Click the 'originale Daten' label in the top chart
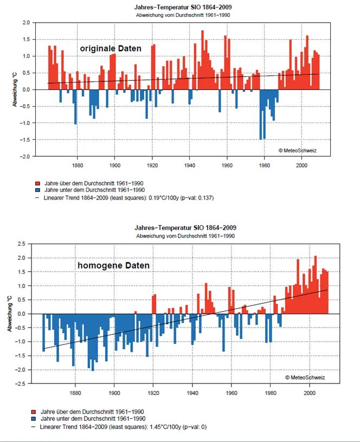(111, 49)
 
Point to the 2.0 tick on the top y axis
(25, 23)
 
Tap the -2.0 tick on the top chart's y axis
(24, 157)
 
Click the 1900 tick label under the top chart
(114, 165)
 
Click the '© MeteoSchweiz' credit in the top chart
(297, 150)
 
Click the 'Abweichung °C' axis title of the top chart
(15, 89)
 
